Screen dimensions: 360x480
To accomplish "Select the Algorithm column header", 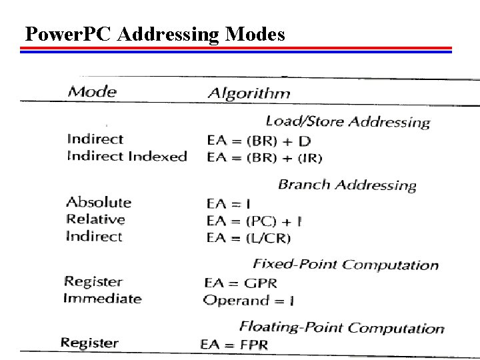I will point(249,93).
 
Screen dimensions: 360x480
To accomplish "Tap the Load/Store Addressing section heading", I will point(347,121).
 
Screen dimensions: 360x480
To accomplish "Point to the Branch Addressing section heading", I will point(347,185).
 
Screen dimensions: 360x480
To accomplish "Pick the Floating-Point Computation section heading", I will point(341,327).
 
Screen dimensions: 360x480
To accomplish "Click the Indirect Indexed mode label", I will point(127,156).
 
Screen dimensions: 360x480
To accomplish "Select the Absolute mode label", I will point(99,202).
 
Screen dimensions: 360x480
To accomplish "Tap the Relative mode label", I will point(95,219).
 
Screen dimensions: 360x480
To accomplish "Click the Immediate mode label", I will point(102,298).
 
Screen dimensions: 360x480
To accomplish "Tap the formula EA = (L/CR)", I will point(247,237).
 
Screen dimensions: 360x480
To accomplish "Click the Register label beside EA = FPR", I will point(89,343).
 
